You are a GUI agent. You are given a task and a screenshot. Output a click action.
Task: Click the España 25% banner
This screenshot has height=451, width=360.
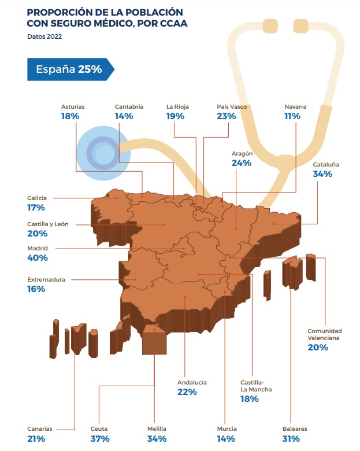pyautogui.click(x=69, y=69)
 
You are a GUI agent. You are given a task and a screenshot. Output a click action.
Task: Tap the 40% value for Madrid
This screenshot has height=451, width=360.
pyautogui.click(x=37, y=258)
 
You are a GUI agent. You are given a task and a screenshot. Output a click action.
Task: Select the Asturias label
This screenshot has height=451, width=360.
pyautogui.click(x=73, y=106)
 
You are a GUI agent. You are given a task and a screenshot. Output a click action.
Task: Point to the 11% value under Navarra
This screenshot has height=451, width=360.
pyautogui.click(x=292, y=116)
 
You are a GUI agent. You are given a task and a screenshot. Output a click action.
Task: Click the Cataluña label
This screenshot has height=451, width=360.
pyautogui.click(x=326, y=164)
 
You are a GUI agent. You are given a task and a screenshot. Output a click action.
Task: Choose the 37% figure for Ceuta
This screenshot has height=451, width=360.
pyautogui.click(x=101, y=439)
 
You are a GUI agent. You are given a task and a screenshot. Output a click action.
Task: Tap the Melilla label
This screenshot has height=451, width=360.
pyautogui.click(x=157, y=429)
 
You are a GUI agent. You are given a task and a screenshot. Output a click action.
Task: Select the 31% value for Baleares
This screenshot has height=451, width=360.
pyautogui.click(x=292, y=439)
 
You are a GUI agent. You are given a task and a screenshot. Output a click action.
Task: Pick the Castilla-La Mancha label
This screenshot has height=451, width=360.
pyautogui.click(x=256, y=386)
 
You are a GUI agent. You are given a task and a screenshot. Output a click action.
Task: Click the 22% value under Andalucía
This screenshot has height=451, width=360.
pyautogui.click(x=187, y=392)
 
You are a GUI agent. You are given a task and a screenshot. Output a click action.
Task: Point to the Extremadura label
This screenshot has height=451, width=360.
pyautogui.click(x=46, y=279)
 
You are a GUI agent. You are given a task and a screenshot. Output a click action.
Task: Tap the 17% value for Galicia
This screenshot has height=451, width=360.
pyautogui.click(x=36, y=207)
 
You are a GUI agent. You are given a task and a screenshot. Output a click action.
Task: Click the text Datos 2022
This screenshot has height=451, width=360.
pyautogui.click(x=44, y=37)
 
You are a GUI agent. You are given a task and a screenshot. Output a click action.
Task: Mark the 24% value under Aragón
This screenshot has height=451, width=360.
pyautogui.click(x=241, y=164)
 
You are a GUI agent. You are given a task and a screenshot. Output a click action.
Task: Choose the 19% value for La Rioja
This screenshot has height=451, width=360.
pyautogui.click(x=176, y=116)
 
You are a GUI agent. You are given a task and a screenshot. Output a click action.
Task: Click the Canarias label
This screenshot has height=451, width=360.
pyautogui.click(x=40, y=429)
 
